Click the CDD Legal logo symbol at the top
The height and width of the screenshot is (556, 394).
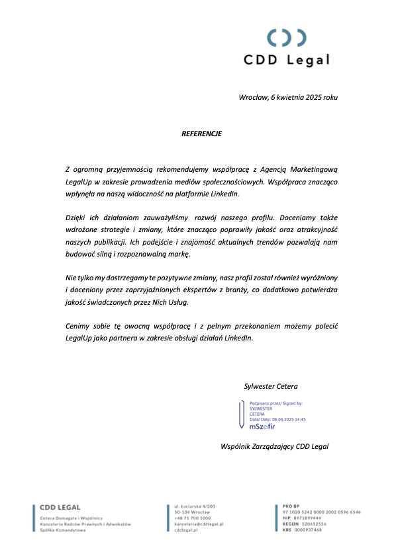(287, 38)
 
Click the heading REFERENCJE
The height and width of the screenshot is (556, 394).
(201, 134)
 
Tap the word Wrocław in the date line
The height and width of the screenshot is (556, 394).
(252, 98)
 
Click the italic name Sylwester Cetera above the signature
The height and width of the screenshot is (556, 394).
(271, 386)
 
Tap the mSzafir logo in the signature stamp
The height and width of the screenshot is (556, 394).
(262, 426)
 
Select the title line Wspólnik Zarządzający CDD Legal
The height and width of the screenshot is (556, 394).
(274, 446)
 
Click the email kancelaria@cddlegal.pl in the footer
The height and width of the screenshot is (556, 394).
(199, 524)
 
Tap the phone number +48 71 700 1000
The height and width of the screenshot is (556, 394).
(192, 518)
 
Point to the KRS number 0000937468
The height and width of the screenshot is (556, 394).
(309, 530)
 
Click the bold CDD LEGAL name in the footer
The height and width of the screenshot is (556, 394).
(60, 508)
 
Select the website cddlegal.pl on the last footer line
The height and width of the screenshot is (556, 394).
(185, 530)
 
